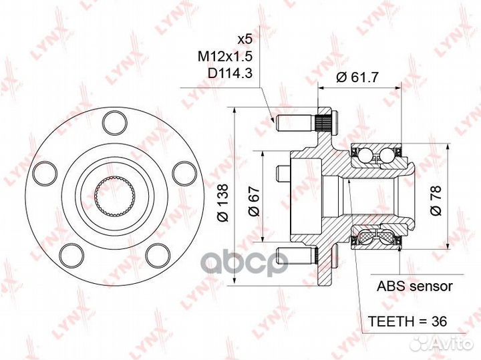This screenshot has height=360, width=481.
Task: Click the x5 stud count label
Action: (245, 39)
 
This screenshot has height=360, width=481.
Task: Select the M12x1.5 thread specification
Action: (225, 56)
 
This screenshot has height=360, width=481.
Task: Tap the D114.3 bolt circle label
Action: (230, 73)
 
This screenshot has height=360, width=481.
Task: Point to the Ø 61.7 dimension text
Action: (357, 77)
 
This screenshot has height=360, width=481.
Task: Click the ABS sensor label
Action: (414, 286)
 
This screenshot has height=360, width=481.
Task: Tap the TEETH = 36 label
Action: (407, 321)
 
